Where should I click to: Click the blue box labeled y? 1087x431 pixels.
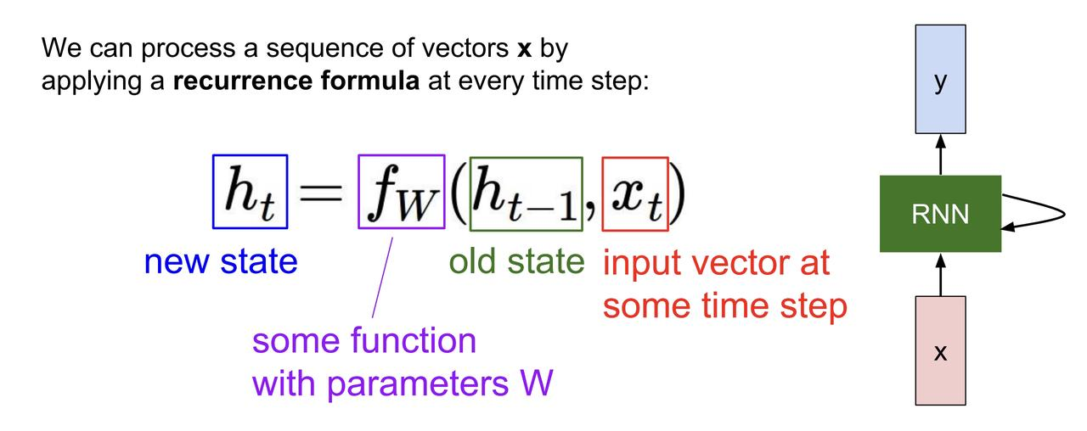point(940,79)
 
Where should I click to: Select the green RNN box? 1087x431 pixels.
point(940,214)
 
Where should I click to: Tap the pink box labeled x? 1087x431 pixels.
point(940,350)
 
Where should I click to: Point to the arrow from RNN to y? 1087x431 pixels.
point(940,154)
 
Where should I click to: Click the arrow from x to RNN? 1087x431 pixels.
point(940,274)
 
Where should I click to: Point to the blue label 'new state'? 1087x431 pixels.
point(221,261)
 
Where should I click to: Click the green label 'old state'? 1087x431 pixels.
point(516,261)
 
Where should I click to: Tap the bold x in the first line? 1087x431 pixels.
point(524,49)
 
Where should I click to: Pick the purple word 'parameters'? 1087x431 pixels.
point(411,383)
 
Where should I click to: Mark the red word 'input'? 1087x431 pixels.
point(639,263)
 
